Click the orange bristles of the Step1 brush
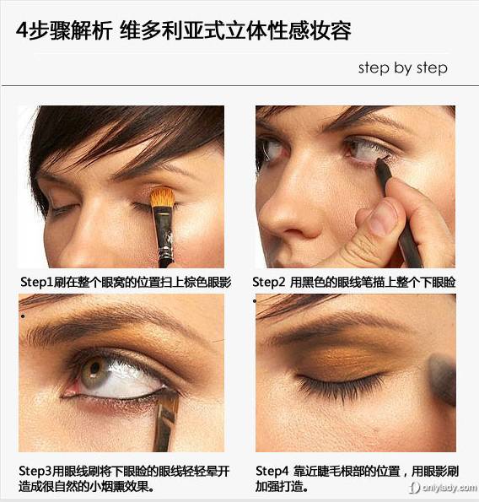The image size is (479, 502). pos(163,197)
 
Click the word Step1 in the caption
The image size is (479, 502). pos(36,283)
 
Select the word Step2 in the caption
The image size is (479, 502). pos(268,283)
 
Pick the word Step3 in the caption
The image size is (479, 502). pos(35,472)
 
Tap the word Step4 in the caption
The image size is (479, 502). pos(272,472)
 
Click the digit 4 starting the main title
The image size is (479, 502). pos(23,30)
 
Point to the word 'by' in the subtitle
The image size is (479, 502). pos(402,68)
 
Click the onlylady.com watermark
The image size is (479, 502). pos(444,488)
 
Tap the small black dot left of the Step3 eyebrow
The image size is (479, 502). pos(23,316)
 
